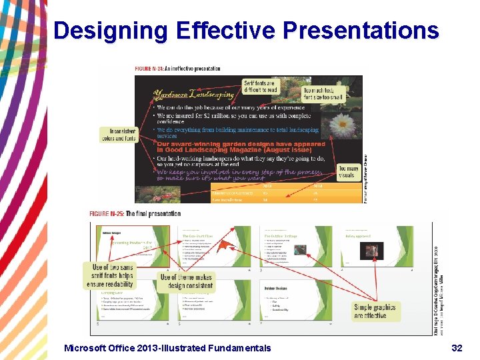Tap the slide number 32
(x=457, y=347)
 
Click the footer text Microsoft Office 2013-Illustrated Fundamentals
(x=167, y=347)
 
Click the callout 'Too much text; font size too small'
(x=325, y=93)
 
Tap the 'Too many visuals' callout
(x=348, y=173)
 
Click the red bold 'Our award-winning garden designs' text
(x=241, y=147)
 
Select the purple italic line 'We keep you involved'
(x=240, y=175)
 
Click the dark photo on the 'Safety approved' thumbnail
(x=372, y=250)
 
